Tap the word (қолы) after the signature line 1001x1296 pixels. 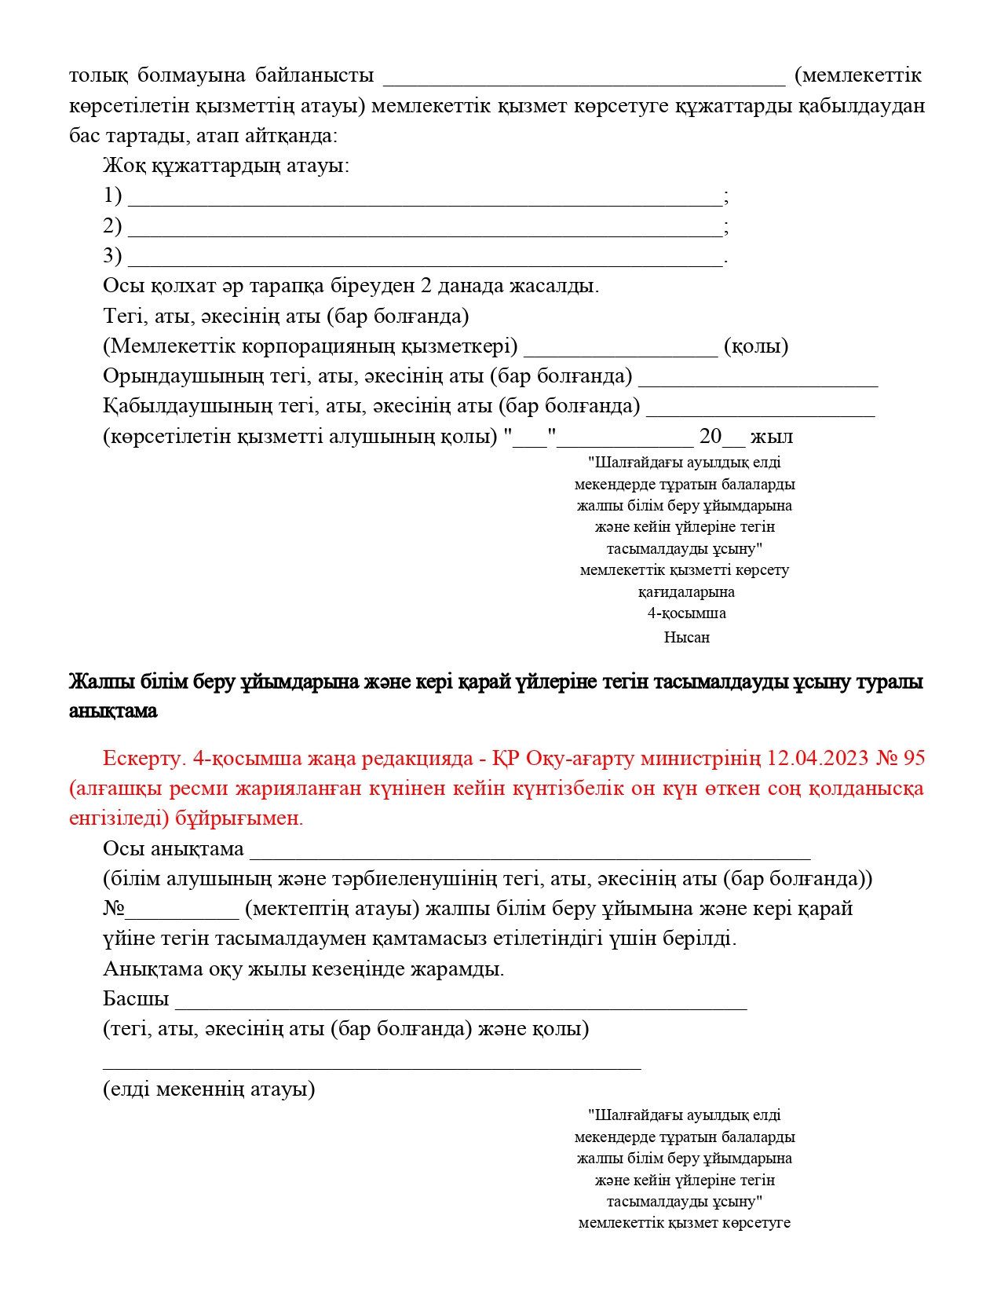tap(756, 346)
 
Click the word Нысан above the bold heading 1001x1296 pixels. tap(686, 637)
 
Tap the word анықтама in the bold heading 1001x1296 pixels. tap(113, 711)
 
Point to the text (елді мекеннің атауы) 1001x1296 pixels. tap(209, 1089)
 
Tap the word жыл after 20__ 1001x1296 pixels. tap(771, 437)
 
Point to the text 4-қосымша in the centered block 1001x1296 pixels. tap(686, 613)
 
